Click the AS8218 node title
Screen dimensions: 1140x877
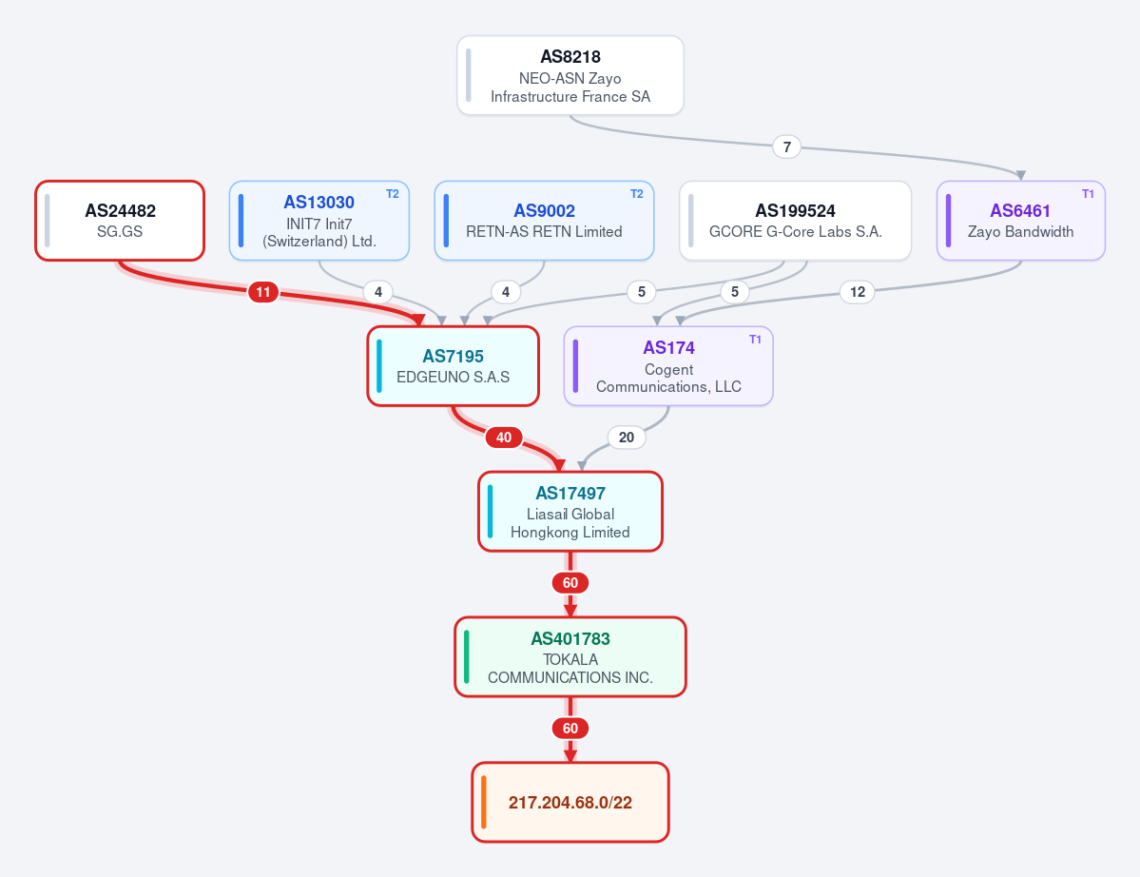(x=570, y=57)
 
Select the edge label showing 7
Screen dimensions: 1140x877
(x=786, y=146)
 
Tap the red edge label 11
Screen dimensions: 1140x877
(x=263, y=292)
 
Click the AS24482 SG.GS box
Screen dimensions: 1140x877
(x=120, y=221)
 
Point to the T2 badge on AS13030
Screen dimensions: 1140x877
(x=392, y=194)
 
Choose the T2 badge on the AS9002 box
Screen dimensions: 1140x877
(x=636, y=194)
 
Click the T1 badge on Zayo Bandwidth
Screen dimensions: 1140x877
(x=1088, y=194)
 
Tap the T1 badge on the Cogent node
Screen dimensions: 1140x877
(x=755, y=340)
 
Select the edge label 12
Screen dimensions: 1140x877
(x=858, y=292)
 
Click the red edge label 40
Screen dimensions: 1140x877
(x=504, y=438)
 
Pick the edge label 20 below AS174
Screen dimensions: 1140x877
(x=626, y=438)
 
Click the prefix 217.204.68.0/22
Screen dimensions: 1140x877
(x=570, y=803)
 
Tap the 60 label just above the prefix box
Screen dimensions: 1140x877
(x=570, y=729)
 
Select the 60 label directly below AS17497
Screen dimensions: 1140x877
(x=570, y=583)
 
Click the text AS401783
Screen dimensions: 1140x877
(x=570, y=639)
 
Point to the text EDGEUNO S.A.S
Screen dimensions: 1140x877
(x=453, y=378)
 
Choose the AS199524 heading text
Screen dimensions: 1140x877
(x=796, y=211)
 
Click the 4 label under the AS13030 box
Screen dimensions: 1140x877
(x=378, y=292)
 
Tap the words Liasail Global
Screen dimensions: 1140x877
(x=570, y=515)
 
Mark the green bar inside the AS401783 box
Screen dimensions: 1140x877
(x=467, y=656)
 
